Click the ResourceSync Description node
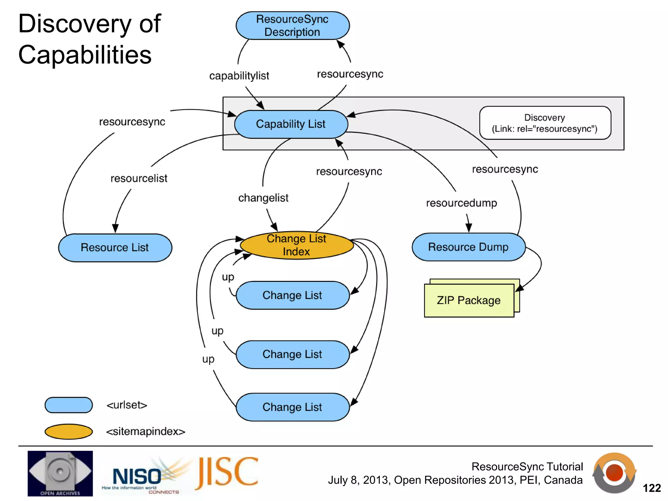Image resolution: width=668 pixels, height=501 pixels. coord(293,26)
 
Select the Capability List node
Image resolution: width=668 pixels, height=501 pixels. coord(291,124)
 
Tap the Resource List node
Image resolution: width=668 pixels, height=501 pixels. coord(115,248)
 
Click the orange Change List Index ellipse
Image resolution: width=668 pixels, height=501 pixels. coord(296,245)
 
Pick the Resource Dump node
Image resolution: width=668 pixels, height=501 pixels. coord(468,247)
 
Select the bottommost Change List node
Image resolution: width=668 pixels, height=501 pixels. coord(293,407)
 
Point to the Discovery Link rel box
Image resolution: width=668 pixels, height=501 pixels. coord(545,123)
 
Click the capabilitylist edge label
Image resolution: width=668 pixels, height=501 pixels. coord(239,76)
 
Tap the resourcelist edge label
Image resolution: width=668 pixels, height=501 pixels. coord(139,178)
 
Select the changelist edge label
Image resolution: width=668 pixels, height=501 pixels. coord(263,198)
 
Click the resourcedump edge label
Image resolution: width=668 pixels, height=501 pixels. coord(461,203)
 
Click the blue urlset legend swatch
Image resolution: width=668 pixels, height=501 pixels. coord(68,405)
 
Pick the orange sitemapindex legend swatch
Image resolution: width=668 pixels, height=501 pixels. coord(68,432)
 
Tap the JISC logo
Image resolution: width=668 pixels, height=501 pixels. coord(227,473)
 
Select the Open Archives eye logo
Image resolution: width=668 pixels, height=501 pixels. coord(60,473)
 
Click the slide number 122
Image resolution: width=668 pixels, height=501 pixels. coord(651,488)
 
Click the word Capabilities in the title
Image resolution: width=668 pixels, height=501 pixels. coord(85,55)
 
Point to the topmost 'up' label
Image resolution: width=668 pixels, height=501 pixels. coord(228,277)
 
